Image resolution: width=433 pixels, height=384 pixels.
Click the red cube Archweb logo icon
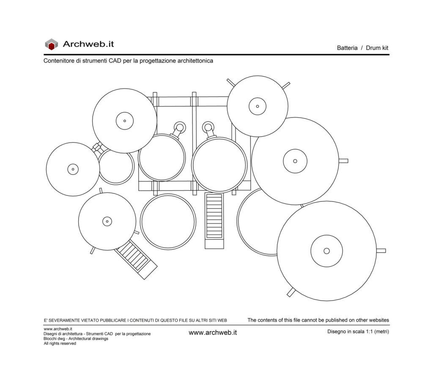[x=51, y=44]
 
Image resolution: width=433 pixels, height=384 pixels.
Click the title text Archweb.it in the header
[x=88, y=44]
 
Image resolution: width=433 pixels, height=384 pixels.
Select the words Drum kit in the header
[x=377, y=48]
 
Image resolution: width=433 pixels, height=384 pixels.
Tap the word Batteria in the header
[x=347, y=48]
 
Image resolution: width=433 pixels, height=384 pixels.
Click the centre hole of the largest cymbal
[x=327, y=251]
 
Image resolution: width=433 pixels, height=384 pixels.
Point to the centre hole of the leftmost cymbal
[x=73, y=169]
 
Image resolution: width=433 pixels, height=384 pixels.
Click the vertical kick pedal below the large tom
[x=214, y=221]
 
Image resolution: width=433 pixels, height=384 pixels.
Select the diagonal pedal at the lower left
[x=136, y=260]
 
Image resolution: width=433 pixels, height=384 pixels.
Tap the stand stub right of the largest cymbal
[x=381, y=251]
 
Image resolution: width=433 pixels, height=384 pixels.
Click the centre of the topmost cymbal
[x=258, y=106]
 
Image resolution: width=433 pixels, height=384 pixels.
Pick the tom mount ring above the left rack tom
[x=180, y=127]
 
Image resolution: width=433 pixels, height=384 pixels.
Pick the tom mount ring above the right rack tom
[x=208, y=127]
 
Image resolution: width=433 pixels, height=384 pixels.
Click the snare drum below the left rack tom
[x=168, y=221]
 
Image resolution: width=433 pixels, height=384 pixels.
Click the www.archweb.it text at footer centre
[x=213, y=333]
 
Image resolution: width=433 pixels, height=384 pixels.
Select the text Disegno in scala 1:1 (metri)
[x=358, y=332]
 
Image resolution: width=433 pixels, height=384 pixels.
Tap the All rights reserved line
[x=60, y=343]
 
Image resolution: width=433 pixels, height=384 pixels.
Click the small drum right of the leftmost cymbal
[x=116, y=166]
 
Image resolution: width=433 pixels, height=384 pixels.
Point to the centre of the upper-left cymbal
[x=125, y=121]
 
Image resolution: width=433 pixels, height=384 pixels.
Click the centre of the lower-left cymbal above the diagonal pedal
[x=107, y=221]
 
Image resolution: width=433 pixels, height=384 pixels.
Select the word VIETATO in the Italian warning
[x=90, y=320]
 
